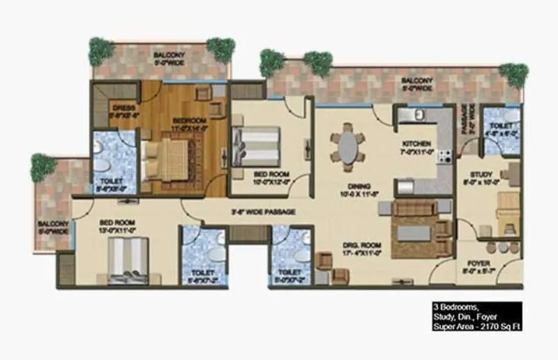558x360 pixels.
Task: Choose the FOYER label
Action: pyautogui.click(x=478, y=263)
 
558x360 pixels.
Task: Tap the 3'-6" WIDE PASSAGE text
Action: pyautogui.click(x=263, y=211)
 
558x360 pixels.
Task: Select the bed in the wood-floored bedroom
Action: pyautogui.click(x=167, y=158)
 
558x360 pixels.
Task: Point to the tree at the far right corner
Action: pyautogui.click(x=514, y=73)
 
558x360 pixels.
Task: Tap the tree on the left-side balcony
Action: pyautogui.click(x=43, y=167)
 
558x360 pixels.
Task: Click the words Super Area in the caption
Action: pyautogui.click(x=447, y=326)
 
